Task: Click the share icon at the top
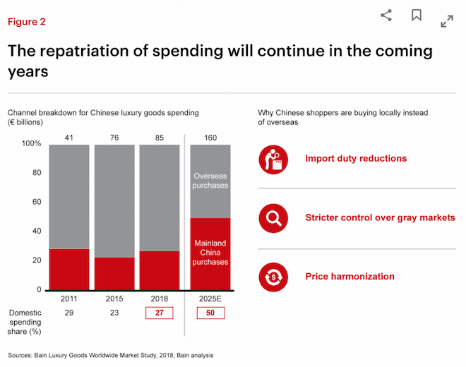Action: [x=386, y=15]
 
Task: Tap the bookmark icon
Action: [x=417, y=15]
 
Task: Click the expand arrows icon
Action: [x=447, y=21]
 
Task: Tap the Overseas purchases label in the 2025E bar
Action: [x=210, y=180]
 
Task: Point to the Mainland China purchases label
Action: [x=210, y=251]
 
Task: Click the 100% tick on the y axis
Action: [x=31, y=144]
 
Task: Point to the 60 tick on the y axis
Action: [x=37, y=202]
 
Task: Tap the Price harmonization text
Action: [x=349, y=277]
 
